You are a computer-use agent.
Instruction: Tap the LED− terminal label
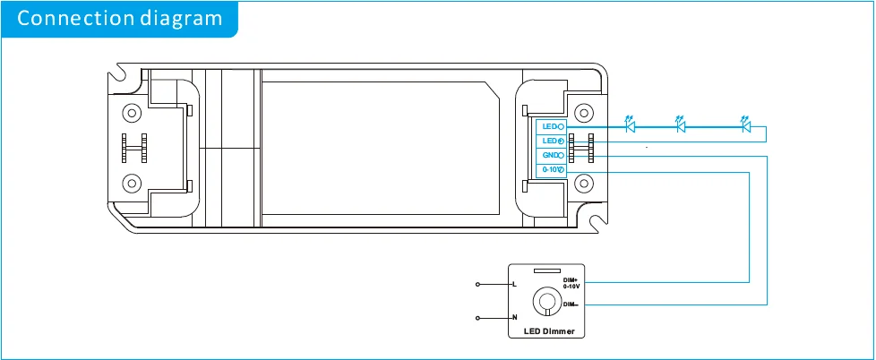pyautogui.click(x=550, y=127)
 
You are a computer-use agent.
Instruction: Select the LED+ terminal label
pyautogui.click(x=550, y=141)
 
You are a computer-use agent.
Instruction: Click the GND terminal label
pyautogui.click(x=550, y=156)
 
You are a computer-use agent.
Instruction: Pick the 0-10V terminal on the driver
pyautogui.click(x=550, y=170)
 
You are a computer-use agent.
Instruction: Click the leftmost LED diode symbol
pyautogui.click(x=630, y=126)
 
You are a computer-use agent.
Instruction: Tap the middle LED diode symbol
pyautogui.click(x=680, y=126)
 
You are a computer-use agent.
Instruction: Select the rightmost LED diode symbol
pyautogui.click(x=744, y=126)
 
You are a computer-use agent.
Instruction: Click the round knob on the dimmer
pyautogui.click(x=545, y=301)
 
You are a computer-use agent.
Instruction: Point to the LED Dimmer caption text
pyautogui.click(x=546, y=332)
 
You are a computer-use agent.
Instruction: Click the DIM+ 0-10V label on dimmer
pyautogui.click(x=571, y=283)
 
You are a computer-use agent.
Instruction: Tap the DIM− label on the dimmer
pyautogui.click(x=570, y=304)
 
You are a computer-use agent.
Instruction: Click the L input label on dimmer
pyautogui.click(x=514, y=285)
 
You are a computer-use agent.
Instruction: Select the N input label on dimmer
pyautogui.click(x=514, y=318)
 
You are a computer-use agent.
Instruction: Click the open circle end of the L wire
pyautogui.click(x=478, y=285)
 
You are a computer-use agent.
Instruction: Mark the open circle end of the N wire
pyautogui.click(x=478, y=318)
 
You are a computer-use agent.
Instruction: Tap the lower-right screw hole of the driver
pyautogui.click(x=584, y=184)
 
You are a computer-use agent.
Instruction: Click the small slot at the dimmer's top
pyautogui.click(x=545, y=270)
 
